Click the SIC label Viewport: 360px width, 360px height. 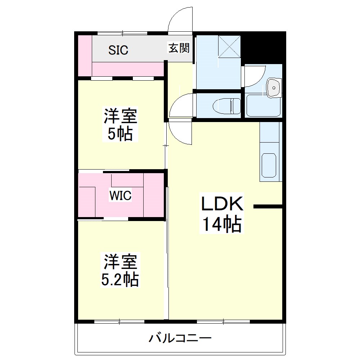[x=118, y=50]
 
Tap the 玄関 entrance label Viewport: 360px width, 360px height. [x=179, y=48]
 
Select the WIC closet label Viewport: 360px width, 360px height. [x=121, y=195]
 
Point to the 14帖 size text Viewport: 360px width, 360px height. [x=221, y=225]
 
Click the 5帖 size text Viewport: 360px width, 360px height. [x=121, y=134]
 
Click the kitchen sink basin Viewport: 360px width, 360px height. [x=269, y=165]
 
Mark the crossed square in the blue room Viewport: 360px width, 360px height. [x=230, y=46]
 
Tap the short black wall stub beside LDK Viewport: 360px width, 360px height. [x=268, y=207]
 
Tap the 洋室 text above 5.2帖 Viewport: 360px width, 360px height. [x=121, y=262]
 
